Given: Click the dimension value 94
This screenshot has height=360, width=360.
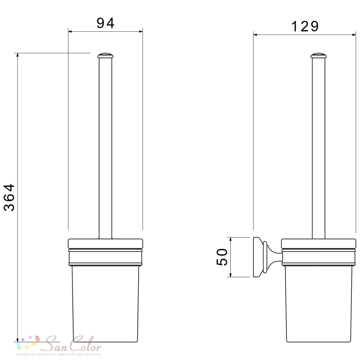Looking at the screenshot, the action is click(x=105, y=23).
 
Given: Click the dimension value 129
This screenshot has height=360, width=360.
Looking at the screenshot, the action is click(x=305, y=26).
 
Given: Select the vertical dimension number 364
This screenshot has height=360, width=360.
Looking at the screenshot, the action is click(x=10, y=197).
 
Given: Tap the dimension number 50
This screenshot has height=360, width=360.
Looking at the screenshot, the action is click(x=222, y=257).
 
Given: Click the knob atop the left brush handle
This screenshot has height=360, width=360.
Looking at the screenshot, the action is click(x=105, y=56).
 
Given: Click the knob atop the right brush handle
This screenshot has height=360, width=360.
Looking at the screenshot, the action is click(x=319, y=56).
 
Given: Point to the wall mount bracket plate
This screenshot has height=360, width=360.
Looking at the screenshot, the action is click(x=257, y=257).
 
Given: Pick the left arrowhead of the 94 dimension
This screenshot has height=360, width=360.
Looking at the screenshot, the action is click(x=71, y=31).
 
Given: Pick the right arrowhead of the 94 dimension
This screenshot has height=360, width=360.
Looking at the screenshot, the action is click(x=140, y=31).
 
